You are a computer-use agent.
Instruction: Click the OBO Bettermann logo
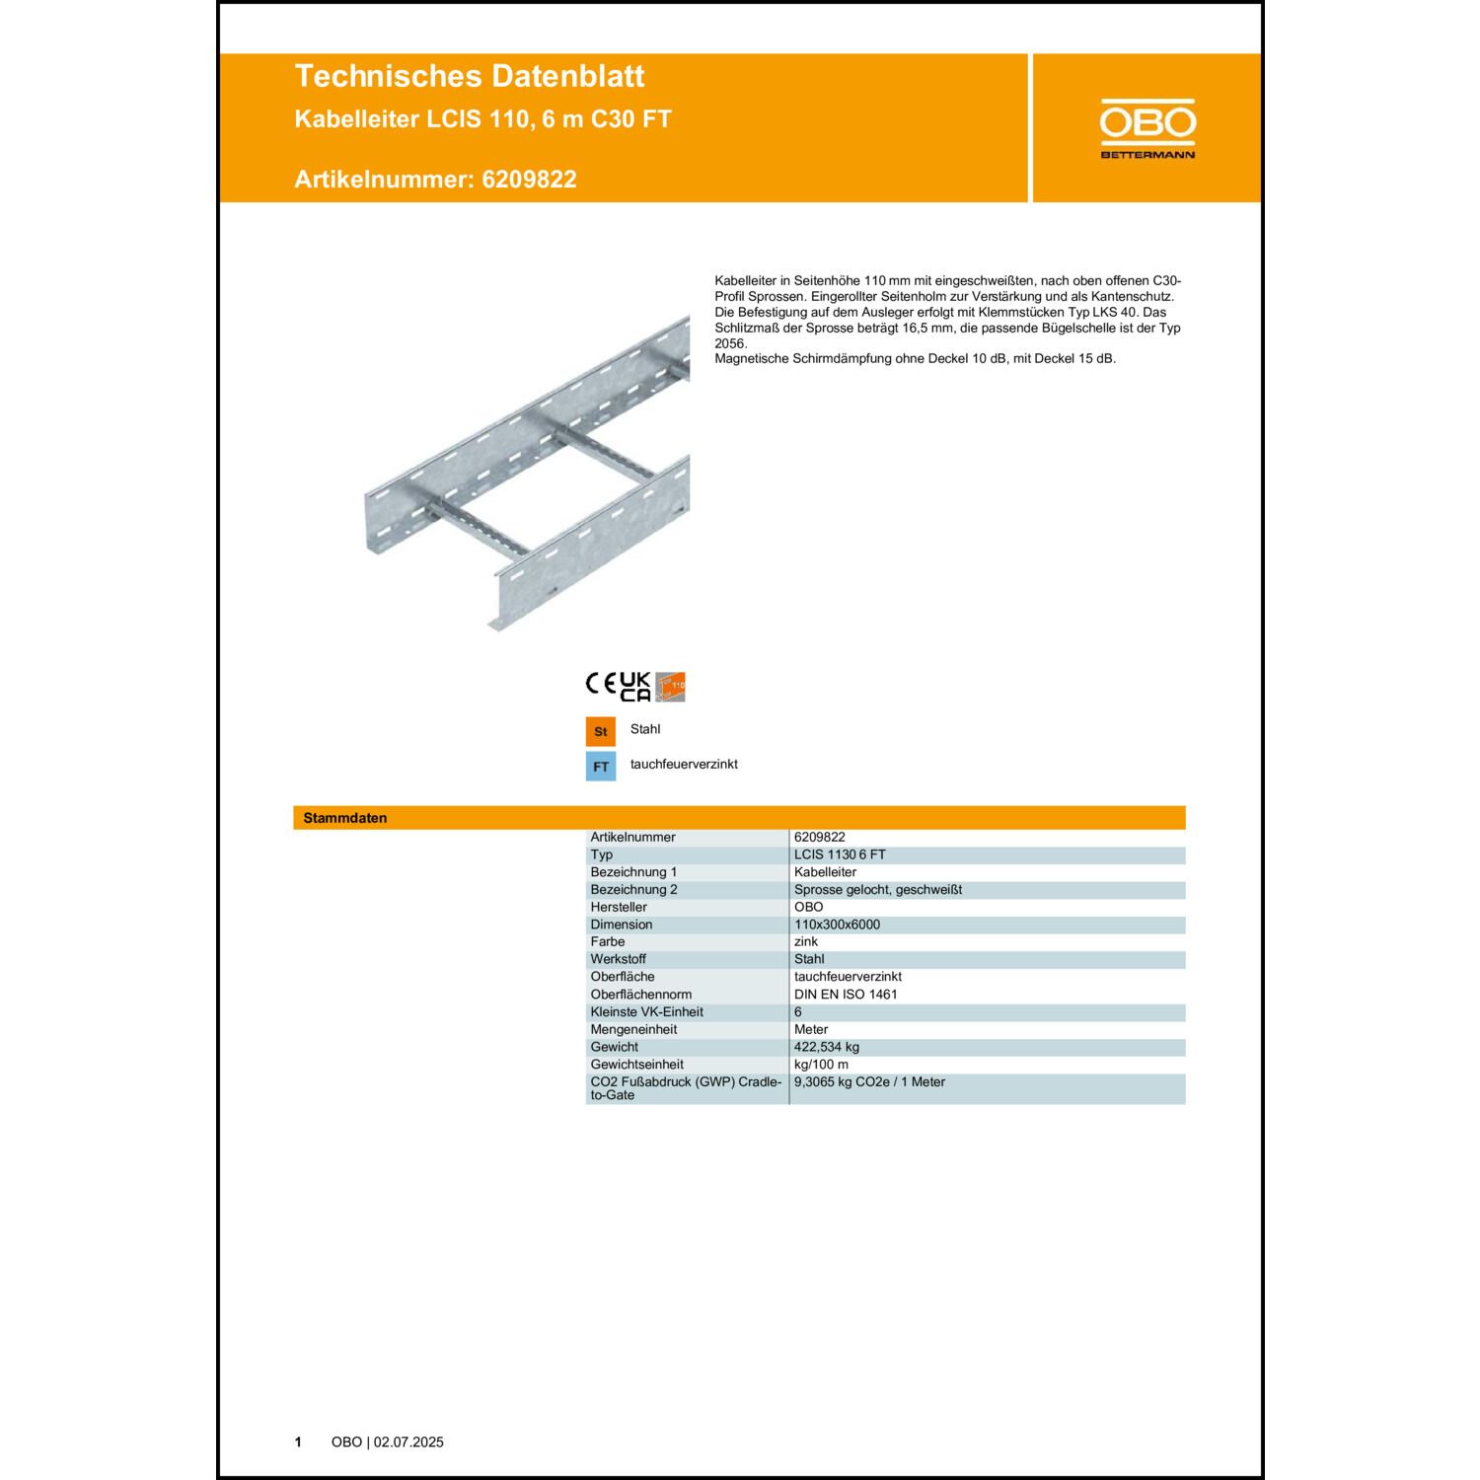click(1147, 128)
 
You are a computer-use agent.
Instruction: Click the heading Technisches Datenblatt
click(469, 76)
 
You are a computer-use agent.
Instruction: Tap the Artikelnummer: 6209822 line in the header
click(435, 180)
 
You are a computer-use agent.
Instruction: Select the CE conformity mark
click(600, 684)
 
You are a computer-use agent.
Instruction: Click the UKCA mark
click(634, 687)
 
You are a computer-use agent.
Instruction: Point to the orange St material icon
click(600, 731)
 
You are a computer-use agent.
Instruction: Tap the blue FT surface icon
click(600, 767)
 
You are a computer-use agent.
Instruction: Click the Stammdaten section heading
click(345, 818)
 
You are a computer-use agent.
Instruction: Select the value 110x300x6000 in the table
click(837, 925)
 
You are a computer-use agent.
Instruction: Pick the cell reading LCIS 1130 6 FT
click(840, 854)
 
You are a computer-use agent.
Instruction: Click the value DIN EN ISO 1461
click(846, 995)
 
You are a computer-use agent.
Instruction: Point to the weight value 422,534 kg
click(826, 1047)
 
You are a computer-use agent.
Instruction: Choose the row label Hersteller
click(619, 907)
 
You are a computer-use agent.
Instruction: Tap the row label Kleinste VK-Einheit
click(646, 1012)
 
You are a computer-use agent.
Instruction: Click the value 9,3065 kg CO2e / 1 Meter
click(869, 1082)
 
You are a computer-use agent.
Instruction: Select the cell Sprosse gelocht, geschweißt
click(877, 890)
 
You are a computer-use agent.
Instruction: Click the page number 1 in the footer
click(298, 1443)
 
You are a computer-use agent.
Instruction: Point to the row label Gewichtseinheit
click(636, 1065)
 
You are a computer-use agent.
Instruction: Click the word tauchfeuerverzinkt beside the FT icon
click(684, 765)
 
